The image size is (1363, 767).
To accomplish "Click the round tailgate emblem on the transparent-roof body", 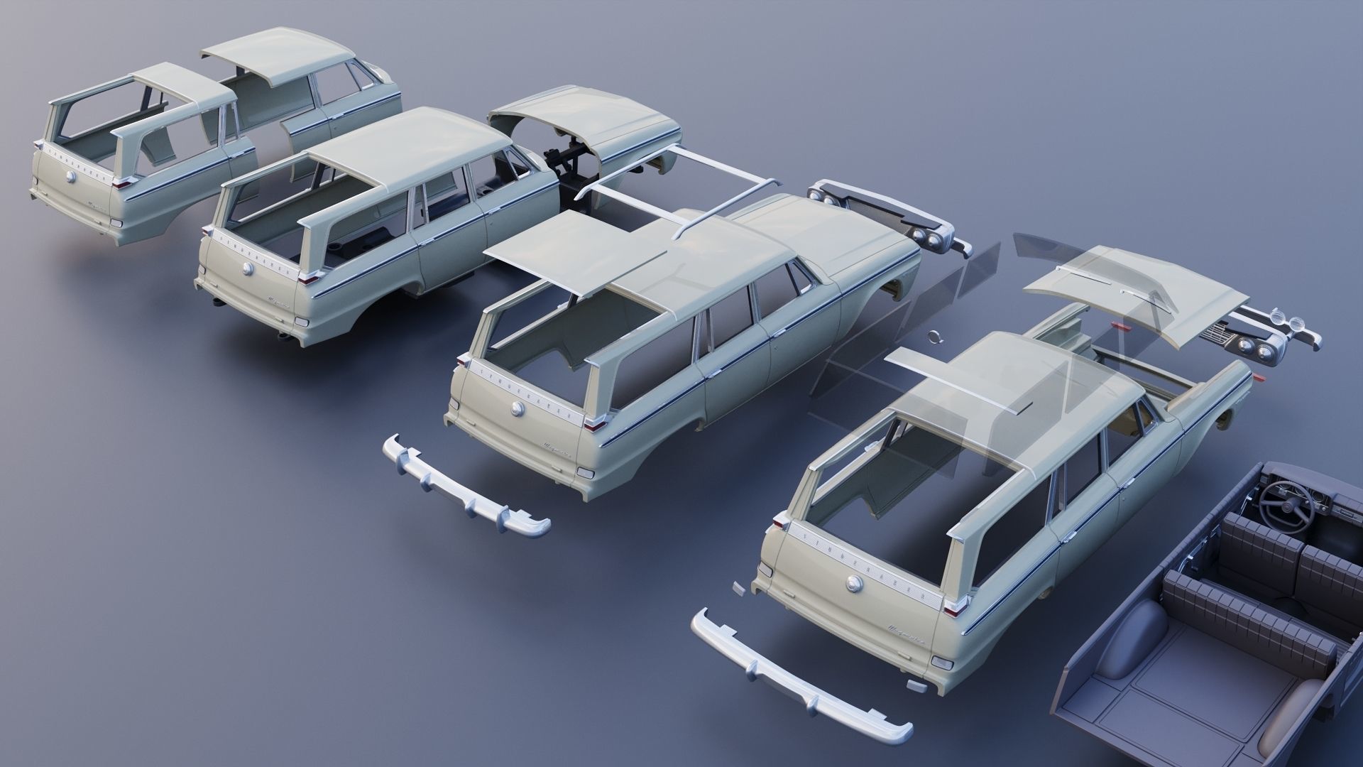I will (x=853, y=583).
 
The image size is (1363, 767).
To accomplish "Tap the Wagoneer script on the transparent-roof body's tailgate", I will (x=904, y=629).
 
